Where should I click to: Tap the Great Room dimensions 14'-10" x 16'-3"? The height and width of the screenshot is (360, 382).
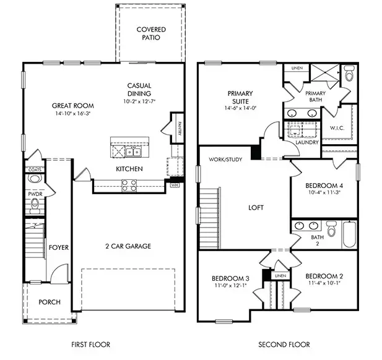(69, 114)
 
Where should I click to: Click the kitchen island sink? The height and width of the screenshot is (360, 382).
(132, 151)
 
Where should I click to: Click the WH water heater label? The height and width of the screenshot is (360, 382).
(174, 184)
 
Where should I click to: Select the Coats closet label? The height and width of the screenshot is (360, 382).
(34, 169)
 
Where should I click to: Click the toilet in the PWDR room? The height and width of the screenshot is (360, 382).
(35, 180)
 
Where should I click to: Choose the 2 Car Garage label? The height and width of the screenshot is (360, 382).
(127, 246)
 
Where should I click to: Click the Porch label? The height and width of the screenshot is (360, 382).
(49, 302)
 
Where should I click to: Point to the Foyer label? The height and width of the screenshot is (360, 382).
(59, 247)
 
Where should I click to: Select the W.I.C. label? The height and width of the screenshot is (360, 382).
(337, 129)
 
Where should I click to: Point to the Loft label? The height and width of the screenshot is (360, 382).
(256, 208)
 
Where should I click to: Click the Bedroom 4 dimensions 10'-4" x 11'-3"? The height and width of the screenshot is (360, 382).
(323, 192)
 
